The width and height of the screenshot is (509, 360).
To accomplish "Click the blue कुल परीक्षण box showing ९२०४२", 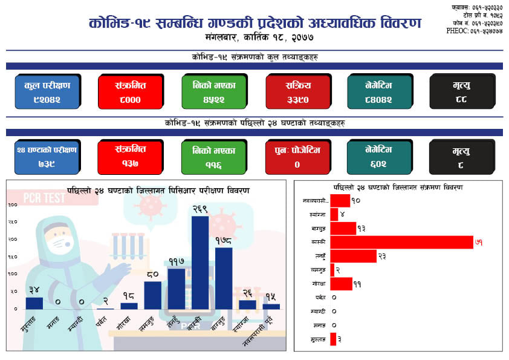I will [x=47, y=91].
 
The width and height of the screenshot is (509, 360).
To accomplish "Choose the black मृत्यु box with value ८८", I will [x=462, y=91].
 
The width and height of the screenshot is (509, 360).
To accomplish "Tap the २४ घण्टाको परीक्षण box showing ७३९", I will [x=47, y=157].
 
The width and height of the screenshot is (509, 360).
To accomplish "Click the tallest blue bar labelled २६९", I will [x=200, y=262].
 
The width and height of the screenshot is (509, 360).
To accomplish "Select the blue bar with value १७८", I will [x=224, y=278].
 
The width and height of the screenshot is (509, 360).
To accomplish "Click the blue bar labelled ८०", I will [x=153, y=295].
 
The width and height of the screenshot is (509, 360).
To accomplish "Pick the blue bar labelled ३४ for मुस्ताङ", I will [x=34, y=303].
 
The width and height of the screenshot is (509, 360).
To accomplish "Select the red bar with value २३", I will [x=353, y=256].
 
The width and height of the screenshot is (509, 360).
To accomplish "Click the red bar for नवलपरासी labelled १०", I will [x=340, y=200].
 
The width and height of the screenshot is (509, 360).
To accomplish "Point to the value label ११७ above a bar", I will [x=177, y=261].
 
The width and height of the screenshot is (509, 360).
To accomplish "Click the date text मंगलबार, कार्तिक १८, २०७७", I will [x=254, y=38].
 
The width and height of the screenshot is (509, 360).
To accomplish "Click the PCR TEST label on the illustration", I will [x=44, y=198].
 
